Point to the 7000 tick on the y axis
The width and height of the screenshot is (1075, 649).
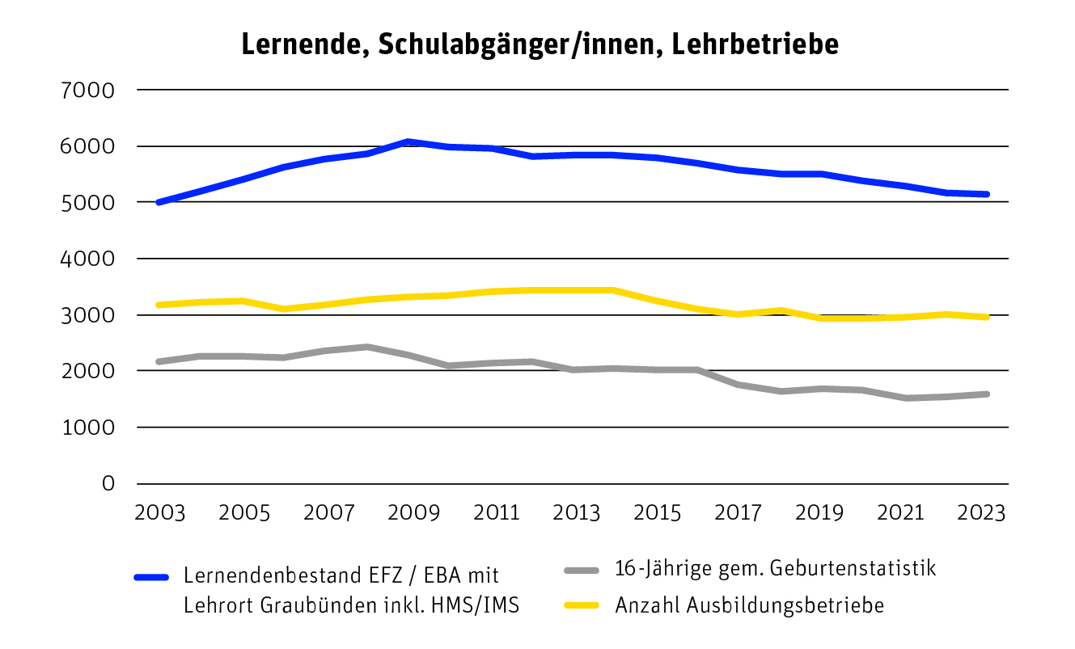tap(89, 90)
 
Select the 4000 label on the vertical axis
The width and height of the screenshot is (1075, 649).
tap(89, 259)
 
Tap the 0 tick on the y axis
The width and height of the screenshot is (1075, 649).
tap(108, 483)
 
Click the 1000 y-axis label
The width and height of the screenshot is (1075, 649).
tap(89, 428)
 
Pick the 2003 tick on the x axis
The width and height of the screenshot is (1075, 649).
tap(159, 514)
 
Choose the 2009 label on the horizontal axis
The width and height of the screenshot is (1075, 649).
tap(409, 514)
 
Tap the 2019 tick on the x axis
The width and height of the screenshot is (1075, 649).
tap(822, 514)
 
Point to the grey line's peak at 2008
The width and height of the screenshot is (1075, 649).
tap(367, 347)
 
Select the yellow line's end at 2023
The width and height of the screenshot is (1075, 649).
tap(986, 317)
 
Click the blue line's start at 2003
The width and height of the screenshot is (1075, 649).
tap(159, 202)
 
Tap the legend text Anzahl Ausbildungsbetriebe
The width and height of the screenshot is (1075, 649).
tap(749, 605)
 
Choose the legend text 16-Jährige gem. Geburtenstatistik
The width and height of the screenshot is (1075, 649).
tap(775, 568)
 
